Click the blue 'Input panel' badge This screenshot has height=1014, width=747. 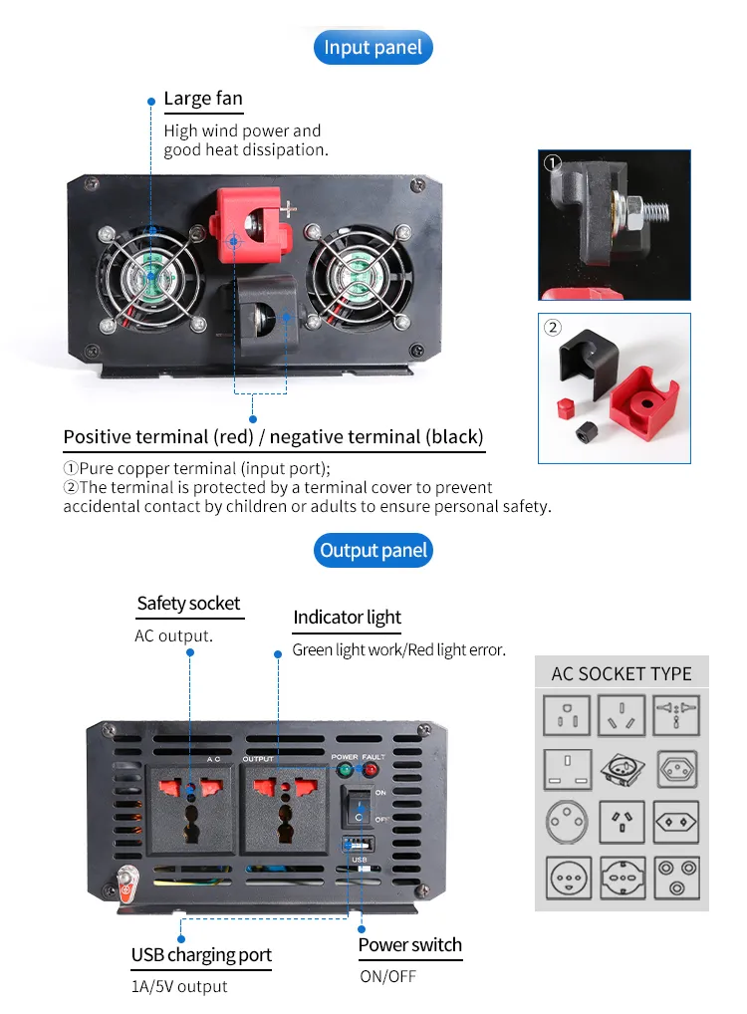(373, 48)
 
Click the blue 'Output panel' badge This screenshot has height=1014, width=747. (373, 551)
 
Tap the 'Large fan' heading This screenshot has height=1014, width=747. (202, 98)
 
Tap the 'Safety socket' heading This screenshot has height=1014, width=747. (188, 603)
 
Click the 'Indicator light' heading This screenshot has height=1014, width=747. (347, 618)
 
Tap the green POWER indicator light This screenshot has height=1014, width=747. (346, 770)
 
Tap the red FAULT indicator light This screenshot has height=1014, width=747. (372, 770)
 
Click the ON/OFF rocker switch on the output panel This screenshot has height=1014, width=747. (359, 804)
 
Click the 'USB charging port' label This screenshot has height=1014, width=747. (201, 955)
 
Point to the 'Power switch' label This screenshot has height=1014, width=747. (409, 945)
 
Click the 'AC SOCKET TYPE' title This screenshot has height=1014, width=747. (621, 673)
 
